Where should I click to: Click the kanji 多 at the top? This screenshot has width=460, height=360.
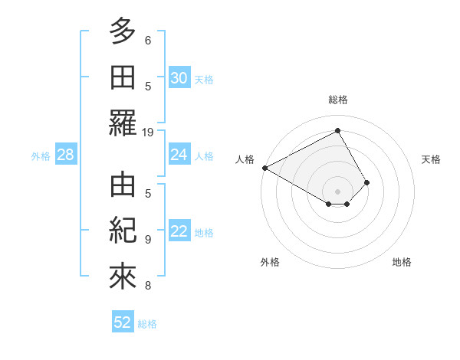pyautogui.click(x=123, y=32)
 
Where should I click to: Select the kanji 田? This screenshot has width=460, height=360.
pyautogui.click(x=123, y=79)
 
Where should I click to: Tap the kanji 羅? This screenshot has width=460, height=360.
pyautogui.click(x=123, y=125)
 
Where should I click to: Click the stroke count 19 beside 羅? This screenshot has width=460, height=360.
pyautogui.click(x=148, y=132)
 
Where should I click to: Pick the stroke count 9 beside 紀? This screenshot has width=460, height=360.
pyautogui.click(x=148, y=240)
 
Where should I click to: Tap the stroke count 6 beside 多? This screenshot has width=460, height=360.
pyautogui.click(x=148, y=40)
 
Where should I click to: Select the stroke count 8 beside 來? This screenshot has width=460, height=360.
pyautogui.click(x=148, y=286)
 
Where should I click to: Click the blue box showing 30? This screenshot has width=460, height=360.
pyautogui.click(x=179, y=77)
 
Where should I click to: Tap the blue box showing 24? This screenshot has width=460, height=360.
pyautogui.click(x=179, y=155)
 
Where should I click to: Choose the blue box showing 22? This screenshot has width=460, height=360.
pyautogui.click(x=179, y=232)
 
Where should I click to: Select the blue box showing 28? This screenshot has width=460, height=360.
pyautogui.click(x=65, y=155)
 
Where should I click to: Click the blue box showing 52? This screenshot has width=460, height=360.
pyautogui.click(x=123, y=322)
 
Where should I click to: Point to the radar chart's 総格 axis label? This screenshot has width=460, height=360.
pyautogui.click(x=338, y=100)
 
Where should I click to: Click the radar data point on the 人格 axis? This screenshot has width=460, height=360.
pyautogui.click(x=264, y=168)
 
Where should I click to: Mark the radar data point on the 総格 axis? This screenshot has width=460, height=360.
pyautogui.click(x=337, y=131)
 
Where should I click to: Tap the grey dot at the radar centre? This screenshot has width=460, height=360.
pyautogui.click(x=337, y=191)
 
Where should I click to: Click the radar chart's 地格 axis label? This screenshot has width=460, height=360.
pyautogui.click(x=402, y=262)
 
